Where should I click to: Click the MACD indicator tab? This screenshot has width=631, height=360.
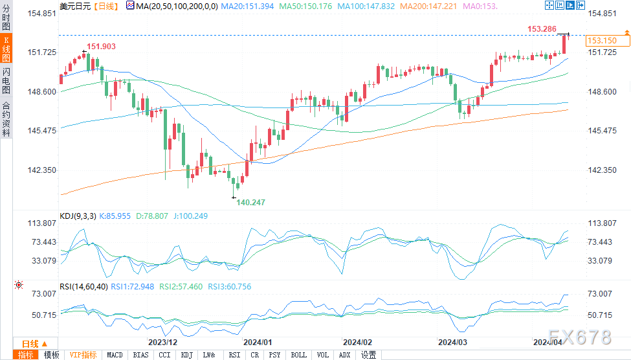click(115, 355)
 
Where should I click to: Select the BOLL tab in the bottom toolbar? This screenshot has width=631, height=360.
click(298, 355)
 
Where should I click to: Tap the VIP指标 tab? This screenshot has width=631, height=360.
click(83, 355)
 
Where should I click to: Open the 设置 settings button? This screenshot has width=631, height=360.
click(368, 355)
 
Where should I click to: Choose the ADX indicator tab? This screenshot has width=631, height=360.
click(344, 355)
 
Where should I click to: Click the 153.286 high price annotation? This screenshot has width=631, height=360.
click(542, 28)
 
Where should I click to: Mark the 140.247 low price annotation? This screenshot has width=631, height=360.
click(250, 203)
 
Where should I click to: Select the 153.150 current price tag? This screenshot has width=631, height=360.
click(599, 40)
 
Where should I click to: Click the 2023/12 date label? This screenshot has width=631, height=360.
click(163, 342)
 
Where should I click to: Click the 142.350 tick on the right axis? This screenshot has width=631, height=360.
click(603, 170)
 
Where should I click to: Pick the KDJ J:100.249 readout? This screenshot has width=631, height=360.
click(190, 216)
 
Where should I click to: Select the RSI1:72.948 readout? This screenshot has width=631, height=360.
click(132, 286)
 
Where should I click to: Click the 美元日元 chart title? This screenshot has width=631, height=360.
click(75, 5)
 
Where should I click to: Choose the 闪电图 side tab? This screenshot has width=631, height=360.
click(6, 81)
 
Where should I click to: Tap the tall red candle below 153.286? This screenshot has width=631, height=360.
click(565, 44)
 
